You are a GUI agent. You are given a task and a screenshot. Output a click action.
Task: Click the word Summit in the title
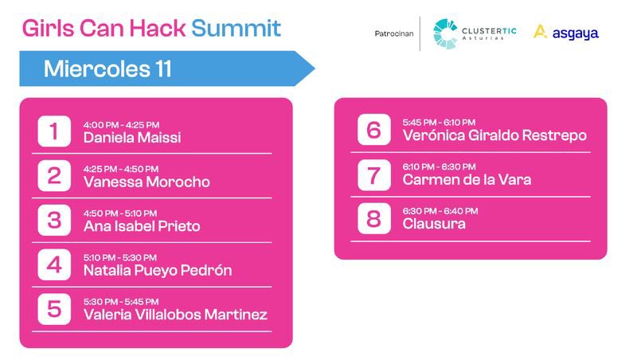[236, 29]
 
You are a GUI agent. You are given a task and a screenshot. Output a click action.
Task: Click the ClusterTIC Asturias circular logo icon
[445, 33]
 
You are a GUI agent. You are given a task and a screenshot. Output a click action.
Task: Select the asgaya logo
[565, 33]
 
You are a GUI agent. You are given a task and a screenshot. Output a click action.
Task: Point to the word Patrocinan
[393, 33]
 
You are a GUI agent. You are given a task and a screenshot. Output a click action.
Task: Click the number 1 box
[54, 131]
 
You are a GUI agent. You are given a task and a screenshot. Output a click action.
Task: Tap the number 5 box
[54, 309]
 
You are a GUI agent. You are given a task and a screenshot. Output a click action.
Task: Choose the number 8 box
[373, 218]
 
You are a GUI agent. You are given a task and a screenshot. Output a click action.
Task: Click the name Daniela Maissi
[132, 138]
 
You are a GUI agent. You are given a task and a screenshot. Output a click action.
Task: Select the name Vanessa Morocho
[147, 182]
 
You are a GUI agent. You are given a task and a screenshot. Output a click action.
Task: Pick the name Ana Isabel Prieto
[142, 226]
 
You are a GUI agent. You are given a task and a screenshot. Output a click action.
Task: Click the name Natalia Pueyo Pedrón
[158, 270]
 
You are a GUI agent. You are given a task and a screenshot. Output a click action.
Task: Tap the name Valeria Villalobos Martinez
[175, 315]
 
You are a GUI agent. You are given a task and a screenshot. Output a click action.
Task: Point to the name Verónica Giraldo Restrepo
[494, 135]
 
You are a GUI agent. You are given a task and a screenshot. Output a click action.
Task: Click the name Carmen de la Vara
[467, 180]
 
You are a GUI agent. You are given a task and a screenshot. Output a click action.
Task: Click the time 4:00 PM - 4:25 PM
[121, 124]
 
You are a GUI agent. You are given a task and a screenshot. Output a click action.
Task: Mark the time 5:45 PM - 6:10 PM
[439, 122]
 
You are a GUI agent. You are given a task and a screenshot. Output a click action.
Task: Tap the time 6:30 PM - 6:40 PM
[440, 211]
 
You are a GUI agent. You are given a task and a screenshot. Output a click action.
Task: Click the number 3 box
[54, 220]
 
